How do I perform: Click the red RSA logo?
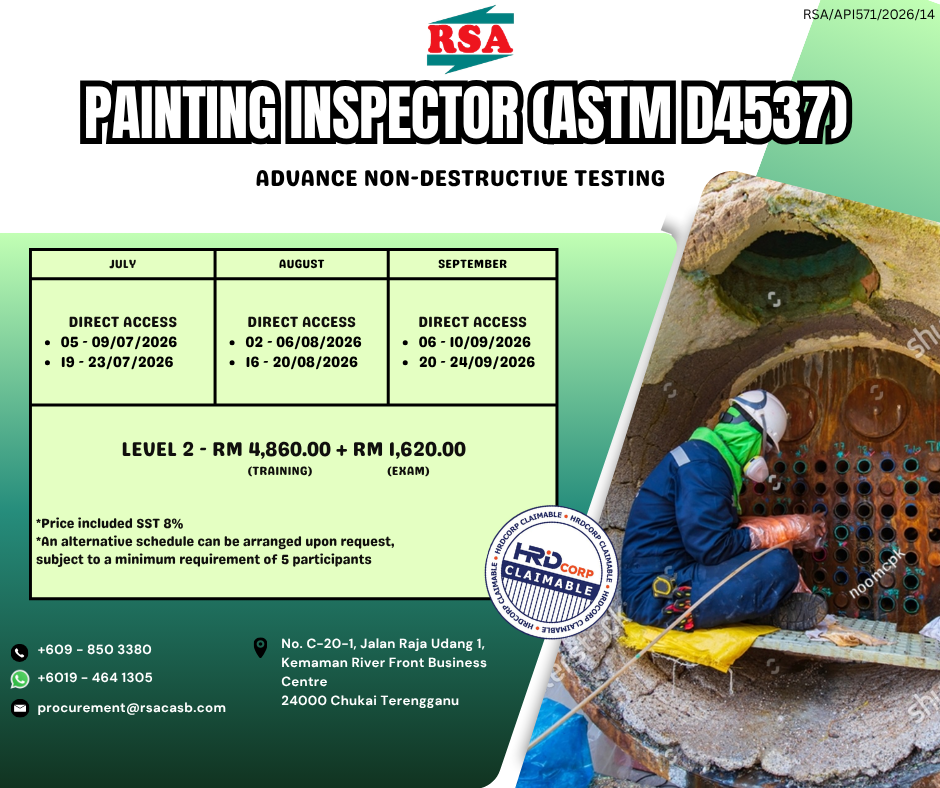(470, 40)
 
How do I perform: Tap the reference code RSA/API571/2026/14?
(869, 14)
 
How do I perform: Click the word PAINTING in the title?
(181, 112)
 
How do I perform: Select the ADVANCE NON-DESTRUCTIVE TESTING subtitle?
(460, 178)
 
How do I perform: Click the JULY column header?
(123, 264)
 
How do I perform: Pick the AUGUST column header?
(302, 264)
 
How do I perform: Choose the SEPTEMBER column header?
(472, 264)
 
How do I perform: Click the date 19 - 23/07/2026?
(117, 362)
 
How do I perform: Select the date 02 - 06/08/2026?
(303, 342)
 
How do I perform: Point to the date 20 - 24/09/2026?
(477, 362)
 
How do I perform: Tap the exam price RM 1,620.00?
(409, 449)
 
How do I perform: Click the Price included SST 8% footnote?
(110, 523)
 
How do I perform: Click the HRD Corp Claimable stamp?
(551, 571)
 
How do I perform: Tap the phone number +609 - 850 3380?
(94, 649)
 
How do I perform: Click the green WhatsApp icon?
(20, 679)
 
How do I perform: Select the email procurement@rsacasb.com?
(131, 708)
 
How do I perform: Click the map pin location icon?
(260, 648)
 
